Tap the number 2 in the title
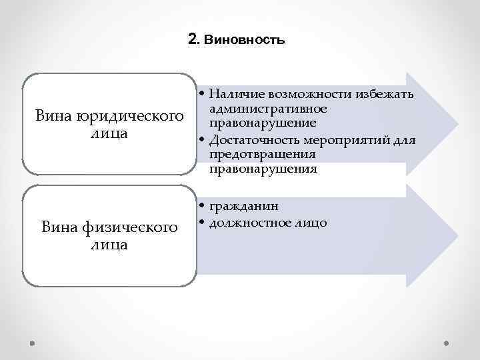193,39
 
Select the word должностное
253,222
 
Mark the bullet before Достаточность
201,140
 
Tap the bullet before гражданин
201,207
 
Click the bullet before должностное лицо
201,223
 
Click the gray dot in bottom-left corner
33,343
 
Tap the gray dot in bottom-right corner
446,343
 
